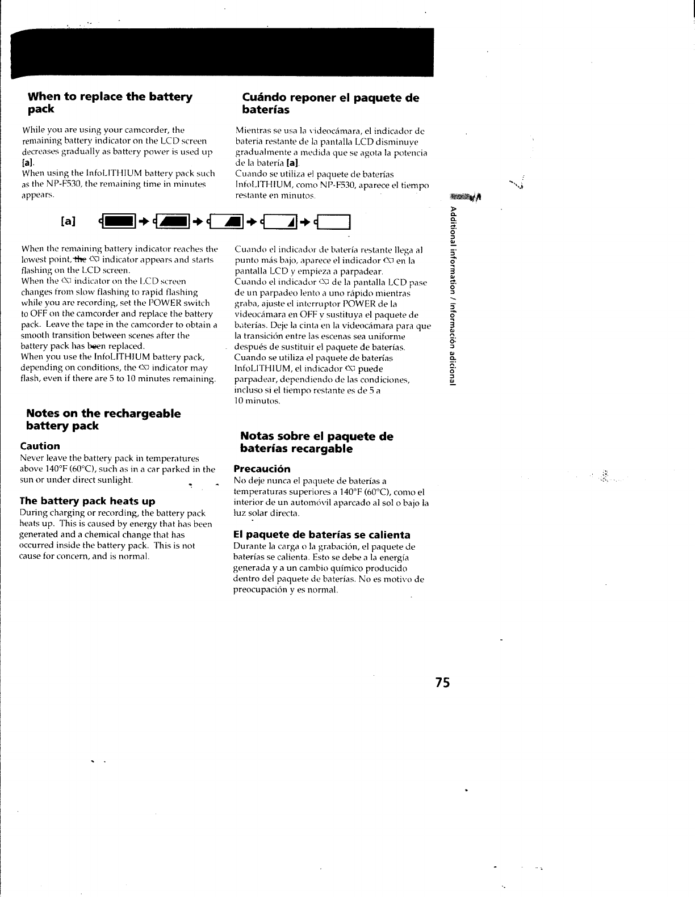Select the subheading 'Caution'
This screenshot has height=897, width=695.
click(40, 446)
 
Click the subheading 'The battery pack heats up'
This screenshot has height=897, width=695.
click(87, 501)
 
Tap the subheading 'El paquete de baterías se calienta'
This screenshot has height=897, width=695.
click(321, 534)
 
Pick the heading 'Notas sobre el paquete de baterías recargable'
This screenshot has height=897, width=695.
click(316, 443)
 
